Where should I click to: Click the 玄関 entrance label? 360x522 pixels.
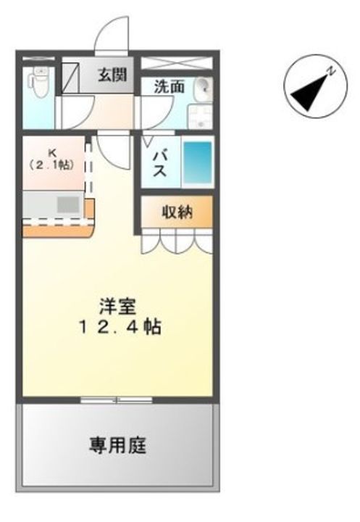click(112, 75)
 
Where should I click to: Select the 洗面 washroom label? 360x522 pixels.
click(169, 87)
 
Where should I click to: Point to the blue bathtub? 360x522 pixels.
click(198, 162)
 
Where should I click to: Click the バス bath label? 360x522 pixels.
click(159, 164)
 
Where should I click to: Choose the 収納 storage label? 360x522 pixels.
click(177, 212)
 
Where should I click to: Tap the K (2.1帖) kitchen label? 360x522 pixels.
click(52, 160)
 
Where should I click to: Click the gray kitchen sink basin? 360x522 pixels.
click(68, 204)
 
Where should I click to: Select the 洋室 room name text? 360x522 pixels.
click(118, 307)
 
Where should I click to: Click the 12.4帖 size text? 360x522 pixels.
click(120, 327)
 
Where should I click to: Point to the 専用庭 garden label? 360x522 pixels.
click(117, 445)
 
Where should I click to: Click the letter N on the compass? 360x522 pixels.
click(331, 71)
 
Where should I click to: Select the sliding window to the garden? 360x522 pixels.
click(117, 399)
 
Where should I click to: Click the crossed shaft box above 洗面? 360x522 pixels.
click(177, 63)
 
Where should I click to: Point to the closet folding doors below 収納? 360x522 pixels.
click(176, 241)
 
